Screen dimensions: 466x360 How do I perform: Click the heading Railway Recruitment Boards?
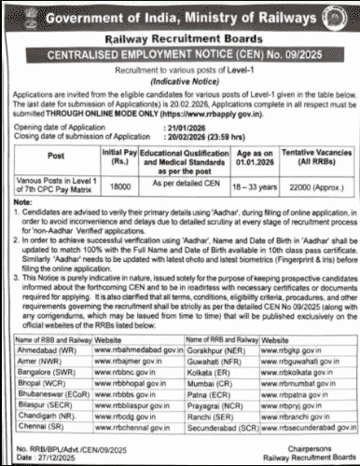[x=179, y=40]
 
